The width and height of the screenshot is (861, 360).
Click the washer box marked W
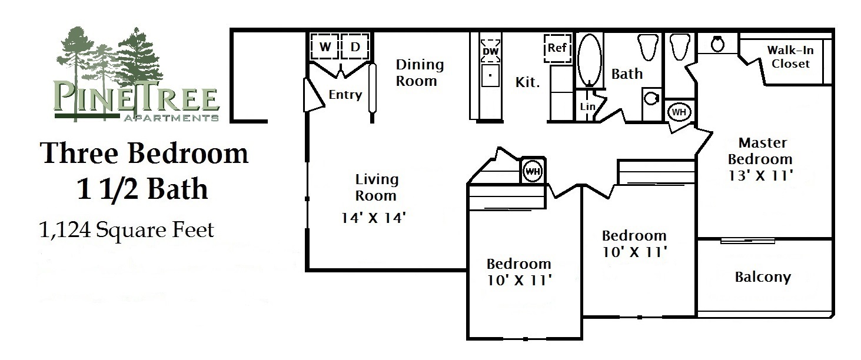pos(325,46)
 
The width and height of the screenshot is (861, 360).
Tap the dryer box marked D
pos(355,46)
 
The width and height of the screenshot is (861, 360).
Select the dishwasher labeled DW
pos(490,51)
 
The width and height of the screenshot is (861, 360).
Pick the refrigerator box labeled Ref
pos(557,48)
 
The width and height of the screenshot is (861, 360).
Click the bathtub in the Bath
pos(590,59)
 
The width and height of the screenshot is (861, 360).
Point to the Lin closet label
pos(588,106)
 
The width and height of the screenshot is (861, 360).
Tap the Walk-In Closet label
pos(790,56)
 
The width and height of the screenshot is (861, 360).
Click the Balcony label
pos(763,277)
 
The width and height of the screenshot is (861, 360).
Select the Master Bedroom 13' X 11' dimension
pos(761,175)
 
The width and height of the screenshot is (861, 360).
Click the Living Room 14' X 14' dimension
pos(374,218)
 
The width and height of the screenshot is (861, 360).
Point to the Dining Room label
pos(420,72)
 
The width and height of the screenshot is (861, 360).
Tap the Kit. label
pos(527,82)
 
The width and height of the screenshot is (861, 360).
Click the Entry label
pos(345,95)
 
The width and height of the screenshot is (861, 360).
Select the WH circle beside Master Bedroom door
pos(679,112)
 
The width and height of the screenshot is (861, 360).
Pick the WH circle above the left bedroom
pos(533,171)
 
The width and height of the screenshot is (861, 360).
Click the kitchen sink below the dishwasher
pos(490,75)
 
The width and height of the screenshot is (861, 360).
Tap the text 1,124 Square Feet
pos(127,230)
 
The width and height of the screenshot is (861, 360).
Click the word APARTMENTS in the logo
pos(171,118)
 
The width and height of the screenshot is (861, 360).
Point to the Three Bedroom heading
pos(144,153)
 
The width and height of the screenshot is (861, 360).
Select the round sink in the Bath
pos(651,98)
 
